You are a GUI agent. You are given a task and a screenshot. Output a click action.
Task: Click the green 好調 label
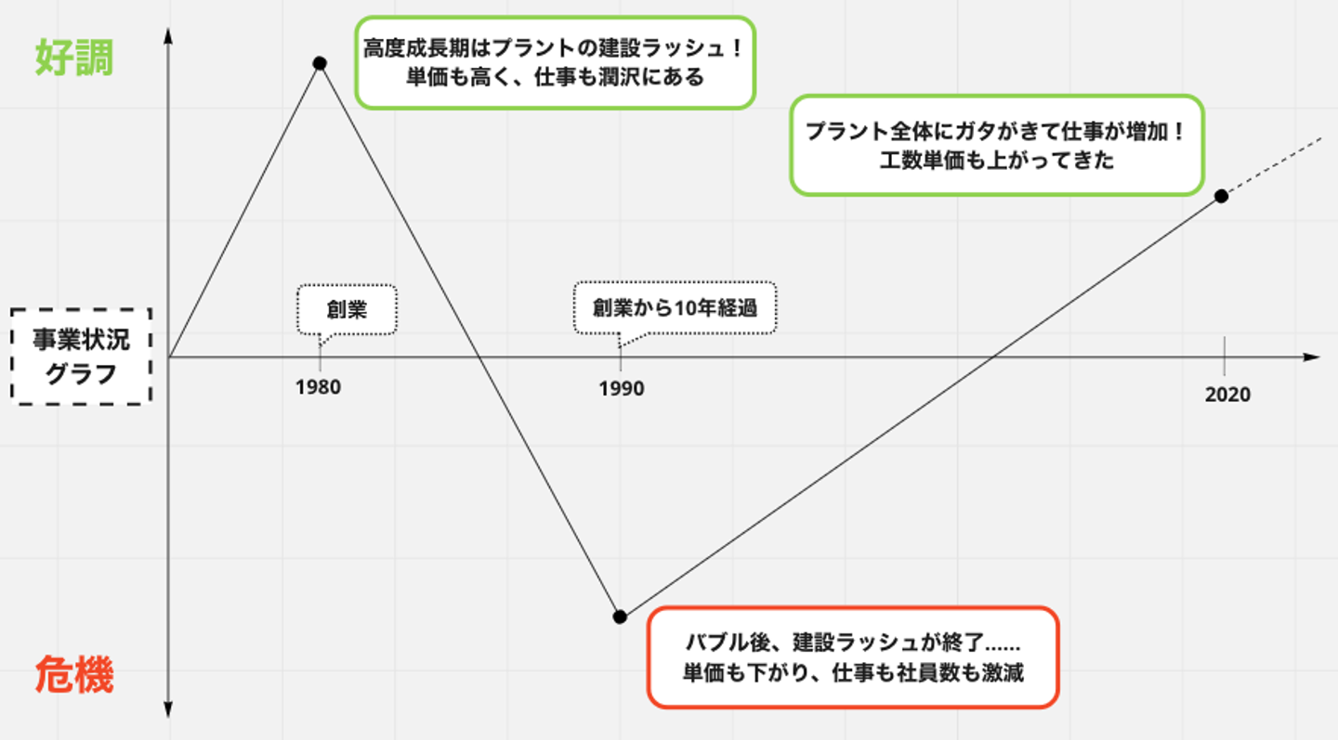tap(74, 58)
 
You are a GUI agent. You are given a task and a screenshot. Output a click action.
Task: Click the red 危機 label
tap(74, 677)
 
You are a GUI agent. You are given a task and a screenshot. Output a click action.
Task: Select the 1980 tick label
tap(319, 387)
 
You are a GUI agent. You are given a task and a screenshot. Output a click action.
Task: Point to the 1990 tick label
tap(621, 388)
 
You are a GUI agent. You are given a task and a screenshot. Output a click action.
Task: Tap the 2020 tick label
tap(1227, 395)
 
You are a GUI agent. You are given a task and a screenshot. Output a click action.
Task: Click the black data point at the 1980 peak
tap(320, 63)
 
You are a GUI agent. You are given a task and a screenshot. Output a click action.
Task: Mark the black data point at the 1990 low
tap(620, 617)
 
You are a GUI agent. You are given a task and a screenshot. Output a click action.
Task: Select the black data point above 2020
tap(1221, 196)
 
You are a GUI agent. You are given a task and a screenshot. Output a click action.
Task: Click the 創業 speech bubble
tap(347, 309)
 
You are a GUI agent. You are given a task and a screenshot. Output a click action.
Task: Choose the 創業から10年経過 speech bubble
tap(675, 307)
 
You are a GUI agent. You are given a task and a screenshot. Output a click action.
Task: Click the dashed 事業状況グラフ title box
tap(82, 357)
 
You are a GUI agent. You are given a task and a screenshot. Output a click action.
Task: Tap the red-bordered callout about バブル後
tap(853, 657)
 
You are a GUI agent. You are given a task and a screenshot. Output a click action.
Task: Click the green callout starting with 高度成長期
tap(555, 62)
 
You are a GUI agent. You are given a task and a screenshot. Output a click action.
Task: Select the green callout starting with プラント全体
tap(996, 145)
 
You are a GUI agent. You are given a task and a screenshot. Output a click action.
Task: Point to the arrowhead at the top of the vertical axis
tap(168, 35)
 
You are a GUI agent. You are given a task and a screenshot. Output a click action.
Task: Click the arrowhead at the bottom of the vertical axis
tap(168, 710)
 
